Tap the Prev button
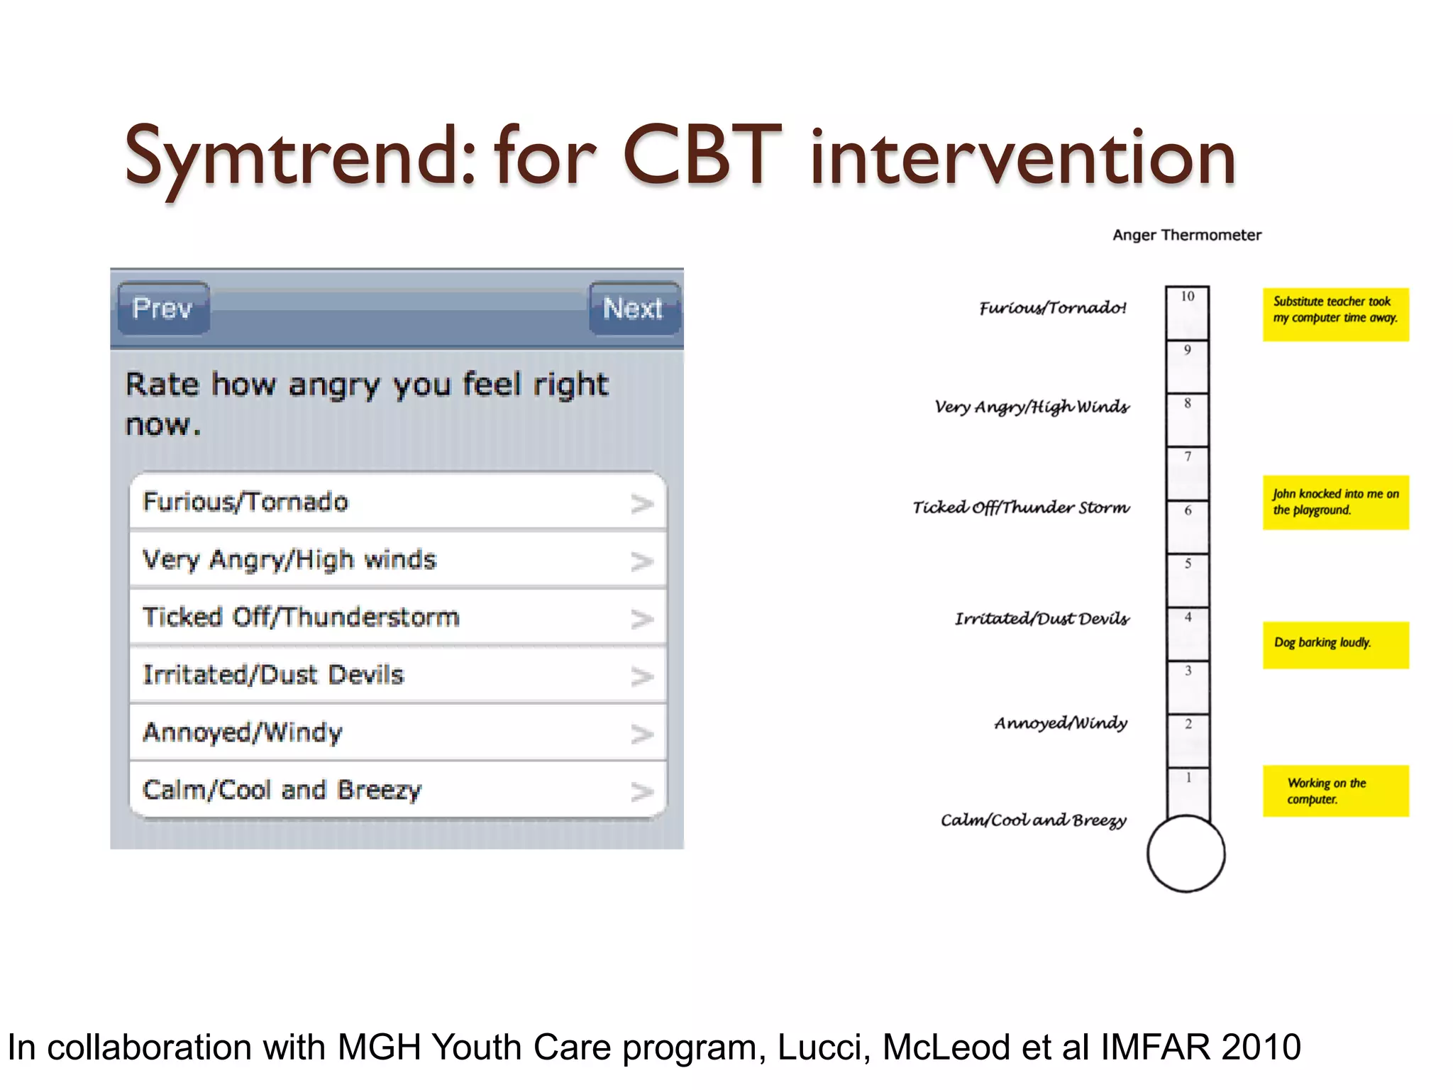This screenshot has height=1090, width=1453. click(163, 308)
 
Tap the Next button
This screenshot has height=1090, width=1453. click(633, 308)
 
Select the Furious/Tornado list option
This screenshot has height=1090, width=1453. click(397, 502)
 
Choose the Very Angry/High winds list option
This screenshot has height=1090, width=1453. click(397, 560)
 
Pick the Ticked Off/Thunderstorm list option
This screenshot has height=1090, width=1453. click(397, 617)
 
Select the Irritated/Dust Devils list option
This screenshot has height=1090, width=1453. click(397, 675)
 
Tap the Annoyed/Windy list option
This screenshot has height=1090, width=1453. click(397, 732)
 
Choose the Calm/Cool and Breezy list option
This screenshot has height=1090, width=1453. click(397, 790)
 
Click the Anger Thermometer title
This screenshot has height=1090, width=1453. click(1187, 235)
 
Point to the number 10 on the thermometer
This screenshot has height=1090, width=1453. click(1188, 297)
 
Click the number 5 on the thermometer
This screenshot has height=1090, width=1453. click(1188, 564)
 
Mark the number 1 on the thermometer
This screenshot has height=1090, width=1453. click(1188, 778)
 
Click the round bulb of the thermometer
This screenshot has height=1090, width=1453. click(1186, 854)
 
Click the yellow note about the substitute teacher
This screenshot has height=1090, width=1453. click(1335, 314)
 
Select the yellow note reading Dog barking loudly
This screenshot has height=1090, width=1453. click(1335, 644)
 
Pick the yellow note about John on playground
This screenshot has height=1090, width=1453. click(1335, 502)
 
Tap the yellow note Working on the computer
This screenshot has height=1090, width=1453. click(1335, 791)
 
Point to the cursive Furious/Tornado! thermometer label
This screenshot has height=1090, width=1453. click(1053, 308)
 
